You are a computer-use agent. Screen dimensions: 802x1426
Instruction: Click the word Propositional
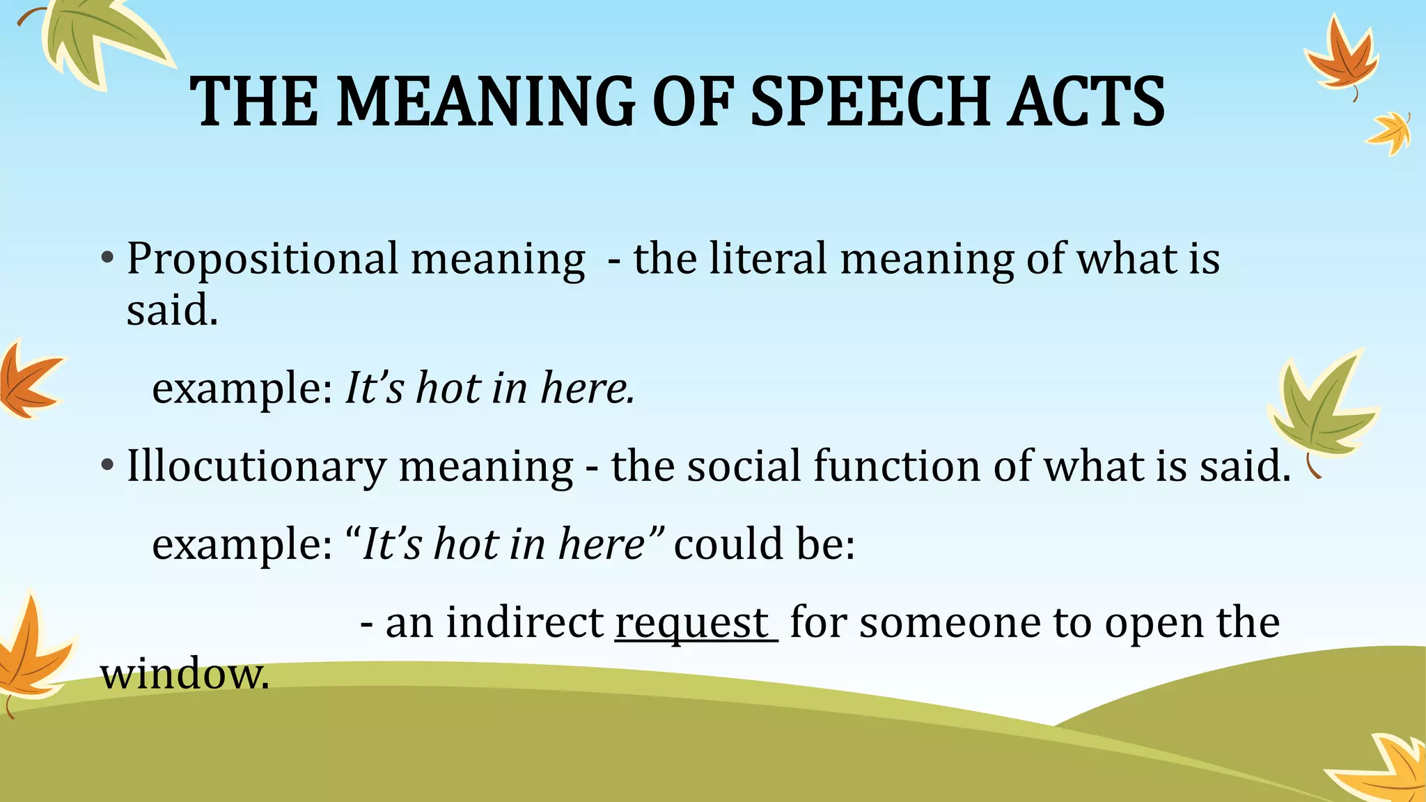263,259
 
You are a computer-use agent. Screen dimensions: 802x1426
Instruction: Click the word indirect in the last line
525,622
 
